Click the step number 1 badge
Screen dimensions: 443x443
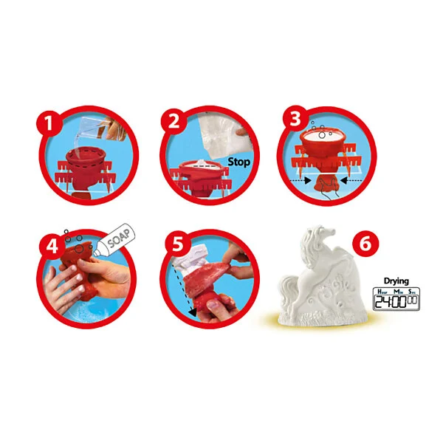49,123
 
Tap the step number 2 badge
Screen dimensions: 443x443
174,122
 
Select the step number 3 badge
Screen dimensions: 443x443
295,119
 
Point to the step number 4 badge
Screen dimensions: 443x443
52,245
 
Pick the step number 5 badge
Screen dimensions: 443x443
178,244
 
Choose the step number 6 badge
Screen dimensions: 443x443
365,243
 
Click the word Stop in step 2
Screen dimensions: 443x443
239,162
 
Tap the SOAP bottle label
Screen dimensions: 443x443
120,238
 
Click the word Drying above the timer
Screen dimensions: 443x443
396,281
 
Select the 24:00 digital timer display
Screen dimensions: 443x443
396,299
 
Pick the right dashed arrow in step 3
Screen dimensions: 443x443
351,180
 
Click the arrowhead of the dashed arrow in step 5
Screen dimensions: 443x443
193,312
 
